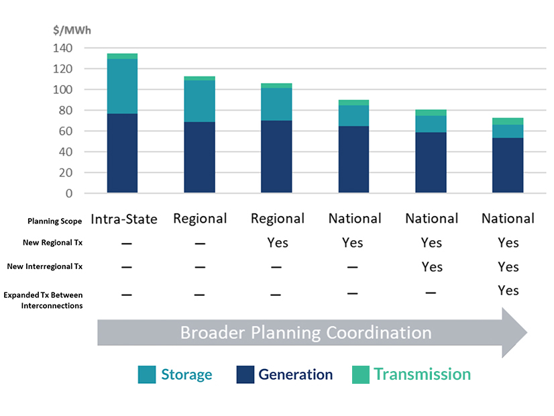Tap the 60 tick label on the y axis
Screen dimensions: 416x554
coord(64,132)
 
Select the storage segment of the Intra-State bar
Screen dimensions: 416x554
coord(121,87)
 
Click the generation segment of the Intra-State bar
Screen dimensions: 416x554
coord(121,154)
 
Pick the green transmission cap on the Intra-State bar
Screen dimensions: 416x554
coord(121,56)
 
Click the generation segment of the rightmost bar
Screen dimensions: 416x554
coord(507,166)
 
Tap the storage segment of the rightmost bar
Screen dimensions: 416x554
coord(507,131)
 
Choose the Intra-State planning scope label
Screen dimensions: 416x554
coord(124,219)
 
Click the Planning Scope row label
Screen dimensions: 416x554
coord(55,221)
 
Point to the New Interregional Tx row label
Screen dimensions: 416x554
coord(45,266)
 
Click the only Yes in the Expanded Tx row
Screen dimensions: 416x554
coord(508,291)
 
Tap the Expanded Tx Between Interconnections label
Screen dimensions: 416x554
coord(43,300)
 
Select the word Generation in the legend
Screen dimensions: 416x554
coord(295,374)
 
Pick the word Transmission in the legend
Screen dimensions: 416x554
coord(422,374)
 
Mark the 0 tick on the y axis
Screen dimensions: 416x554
coord(69,193)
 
